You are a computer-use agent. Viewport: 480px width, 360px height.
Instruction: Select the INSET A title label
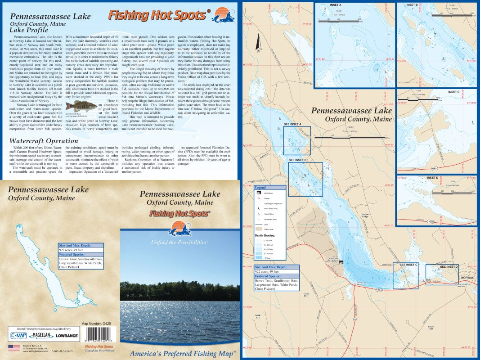tap(323, 5)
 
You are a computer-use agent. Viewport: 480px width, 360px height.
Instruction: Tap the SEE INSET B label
tap(297, 160)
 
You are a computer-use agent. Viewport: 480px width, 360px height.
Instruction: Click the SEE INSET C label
tap(408, 265)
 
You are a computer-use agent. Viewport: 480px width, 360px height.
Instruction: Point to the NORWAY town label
tap(468, 278)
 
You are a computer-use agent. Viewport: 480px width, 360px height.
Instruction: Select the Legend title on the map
tap(260, 187)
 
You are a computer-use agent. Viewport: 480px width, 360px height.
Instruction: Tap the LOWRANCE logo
tap(67, 336)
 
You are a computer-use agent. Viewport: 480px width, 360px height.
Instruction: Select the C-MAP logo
tap(18, 336)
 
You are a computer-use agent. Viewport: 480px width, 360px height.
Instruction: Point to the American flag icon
tap(11, 347)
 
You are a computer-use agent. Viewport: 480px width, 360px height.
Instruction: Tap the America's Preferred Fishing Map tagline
tap(182, 353)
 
